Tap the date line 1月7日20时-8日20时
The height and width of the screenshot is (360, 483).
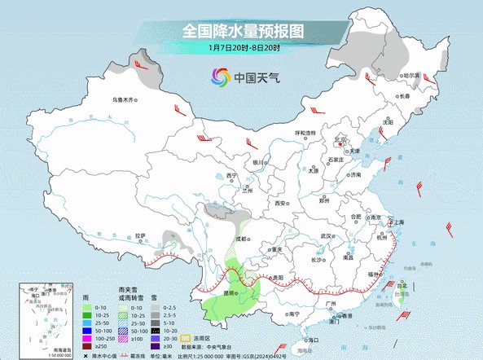pos(242,48)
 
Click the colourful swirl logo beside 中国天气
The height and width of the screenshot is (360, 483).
pos(220,77)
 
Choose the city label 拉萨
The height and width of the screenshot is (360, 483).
pos(140,236)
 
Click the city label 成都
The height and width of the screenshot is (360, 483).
pos(239,238)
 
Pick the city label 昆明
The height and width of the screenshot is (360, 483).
pos(231,292)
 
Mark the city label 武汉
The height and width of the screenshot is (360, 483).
pos(327,235)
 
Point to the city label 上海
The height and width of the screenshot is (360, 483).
pos(398,222)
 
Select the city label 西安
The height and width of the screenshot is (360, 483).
pos(281,202)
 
